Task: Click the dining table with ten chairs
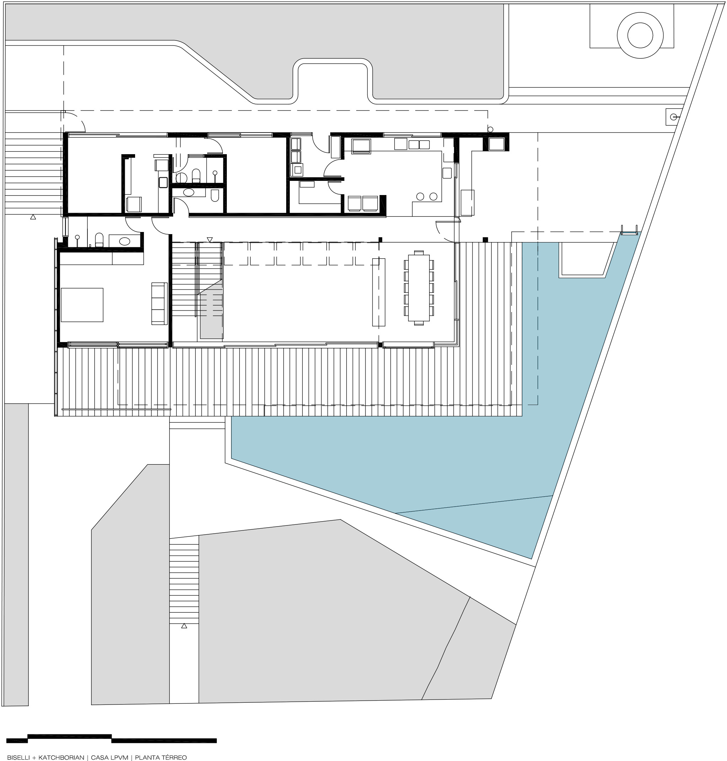pos(418,288)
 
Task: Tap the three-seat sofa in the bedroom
pos(159,303)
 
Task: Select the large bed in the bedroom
pos(82,305)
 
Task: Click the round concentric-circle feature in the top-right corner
pos(640,36)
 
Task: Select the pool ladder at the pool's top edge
pos(629,231)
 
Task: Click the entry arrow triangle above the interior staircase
pos(210,240)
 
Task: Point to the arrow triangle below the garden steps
pos(184,625)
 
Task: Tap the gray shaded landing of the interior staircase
pos(211,310)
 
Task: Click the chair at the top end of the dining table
pos(418,253)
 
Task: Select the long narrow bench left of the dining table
pos(379,292)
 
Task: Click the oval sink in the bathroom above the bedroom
pos(124,241)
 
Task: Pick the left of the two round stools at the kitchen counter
pos(420,196)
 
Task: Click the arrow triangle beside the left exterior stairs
pos(33,217)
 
